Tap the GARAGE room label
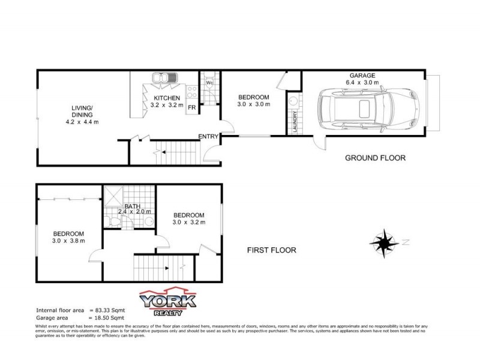point(363,76)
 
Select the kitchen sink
point(163,77)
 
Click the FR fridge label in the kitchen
point(192,107)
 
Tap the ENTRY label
point(208,137)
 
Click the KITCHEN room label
point(166,98)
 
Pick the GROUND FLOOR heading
point(375,158)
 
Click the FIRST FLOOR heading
point(272,250)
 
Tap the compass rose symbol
point(383,242)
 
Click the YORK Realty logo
point(167,303)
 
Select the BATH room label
point(133,206)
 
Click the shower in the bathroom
point(113,196)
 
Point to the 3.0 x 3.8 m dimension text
point(69,241)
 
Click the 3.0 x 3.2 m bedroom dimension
point(189,223)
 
